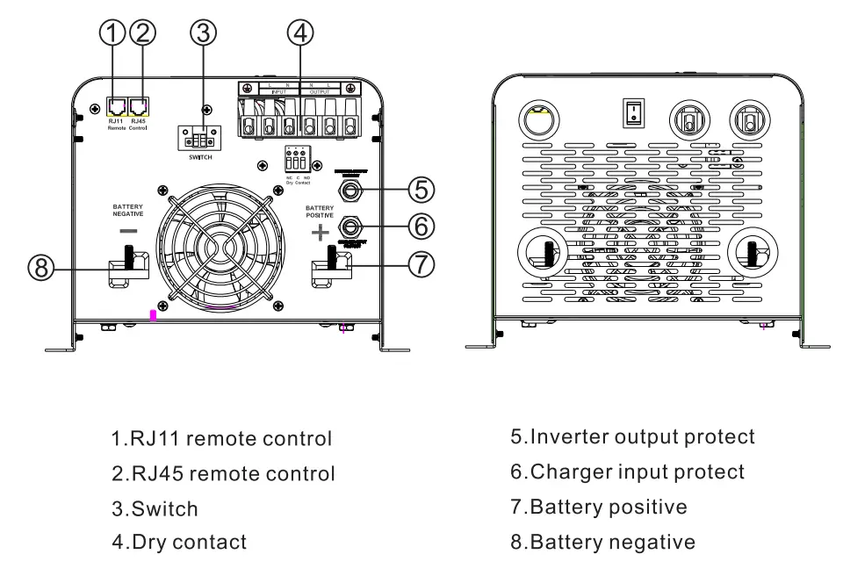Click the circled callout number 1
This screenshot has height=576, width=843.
click(x=112, y=32)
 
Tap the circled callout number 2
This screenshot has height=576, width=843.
click(x=142, y=32)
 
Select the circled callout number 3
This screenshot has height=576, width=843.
click(x=204, y=32)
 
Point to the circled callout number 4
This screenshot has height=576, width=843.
click(x=300, y=32)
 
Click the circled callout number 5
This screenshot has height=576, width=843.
click(x=421, y=188)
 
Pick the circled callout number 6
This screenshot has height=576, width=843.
click(x=421, y=226)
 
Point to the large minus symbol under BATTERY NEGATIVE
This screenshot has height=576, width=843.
click(x=128, y=230)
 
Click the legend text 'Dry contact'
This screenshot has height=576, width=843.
click(x=179, y=543)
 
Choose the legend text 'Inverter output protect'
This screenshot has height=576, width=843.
click(x=632, y=436)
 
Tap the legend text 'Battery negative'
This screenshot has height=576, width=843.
click(x=602, y=543)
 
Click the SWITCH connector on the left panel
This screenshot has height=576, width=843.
click(x=201, y=139)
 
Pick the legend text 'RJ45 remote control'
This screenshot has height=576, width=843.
click(x=223, y=473)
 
